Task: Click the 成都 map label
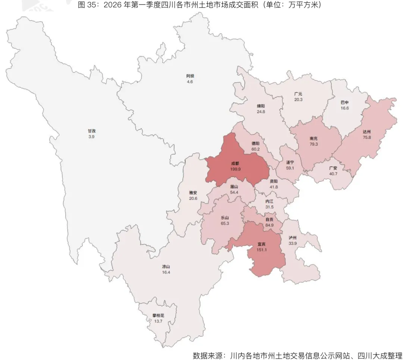click(x=235, y=163)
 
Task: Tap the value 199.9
click(x=235, y=169)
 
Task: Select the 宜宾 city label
click(x=262, y=244)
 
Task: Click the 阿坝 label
click(x=190, y=76)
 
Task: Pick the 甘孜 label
click(x=92, y=131)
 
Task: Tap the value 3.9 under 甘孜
click(x=92, y=137)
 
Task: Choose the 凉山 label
click(x=166, y=267)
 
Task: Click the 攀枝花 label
click(x=158, y=315)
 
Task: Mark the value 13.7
click(x=158, y=321)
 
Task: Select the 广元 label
click(x=298, y=94)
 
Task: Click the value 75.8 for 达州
click(x=366, y=137)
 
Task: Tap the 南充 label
click(x=313, y=138)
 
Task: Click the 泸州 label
click(x=293, y=237)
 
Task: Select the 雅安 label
click(x=193, y=193)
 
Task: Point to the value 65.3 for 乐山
click(x=225, y=223)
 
